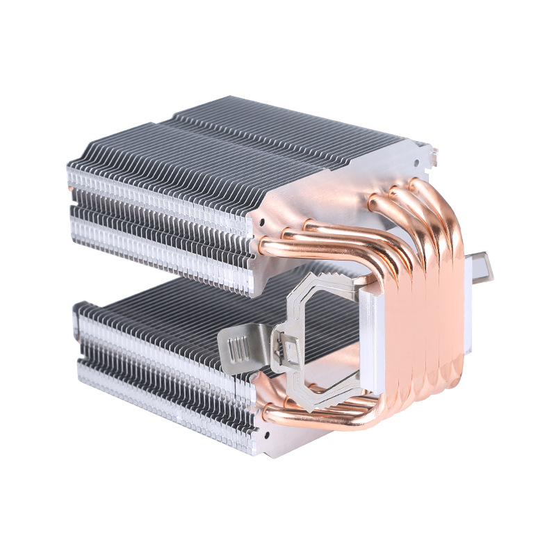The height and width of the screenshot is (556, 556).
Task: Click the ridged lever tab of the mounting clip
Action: click(235, 345)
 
